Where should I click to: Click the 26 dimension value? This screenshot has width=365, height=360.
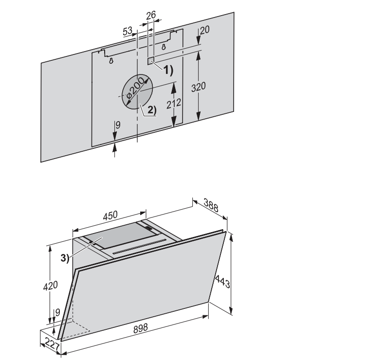(150, 16)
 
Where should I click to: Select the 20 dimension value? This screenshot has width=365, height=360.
(204, 30)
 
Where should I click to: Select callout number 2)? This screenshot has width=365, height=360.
(152, 109)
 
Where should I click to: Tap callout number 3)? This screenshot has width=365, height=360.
(65, 258)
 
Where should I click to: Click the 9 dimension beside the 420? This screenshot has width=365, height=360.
(58, 313)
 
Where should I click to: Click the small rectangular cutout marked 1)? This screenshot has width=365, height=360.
(151, 62)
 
